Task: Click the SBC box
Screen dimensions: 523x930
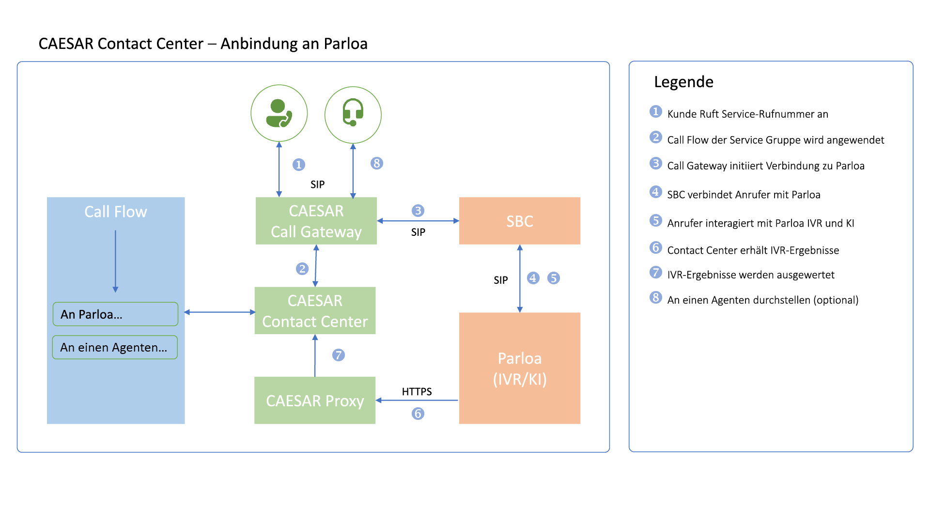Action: pyautogui.click(x=519, y=221)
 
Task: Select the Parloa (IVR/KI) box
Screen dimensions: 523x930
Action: pyautogui.click(x=519, y=368)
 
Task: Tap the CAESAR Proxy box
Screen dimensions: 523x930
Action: pyautogui.click(x=315, y=400)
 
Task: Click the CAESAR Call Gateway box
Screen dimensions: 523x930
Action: pyautogui.click(x=316, y=221)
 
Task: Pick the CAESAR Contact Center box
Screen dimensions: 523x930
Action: pyautogui.click(x=315, y=311)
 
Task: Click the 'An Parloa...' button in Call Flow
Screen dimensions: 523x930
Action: pyautogui.click(x=115, y=314)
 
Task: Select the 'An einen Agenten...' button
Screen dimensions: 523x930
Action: pyautogui.click(x=115, y=347)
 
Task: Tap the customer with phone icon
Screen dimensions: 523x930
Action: pyautogui.click(x=279, y=113)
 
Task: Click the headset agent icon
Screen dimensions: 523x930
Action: pyautogui.click(x=353, y=114)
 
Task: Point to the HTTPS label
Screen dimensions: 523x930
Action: pyautogui.click(x=417, y=391)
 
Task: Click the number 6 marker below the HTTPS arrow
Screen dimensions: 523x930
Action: pyautogui.click(x=418, y=414)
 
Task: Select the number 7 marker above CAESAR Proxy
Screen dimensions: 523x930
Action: pyautogui.click(x=338, y=355)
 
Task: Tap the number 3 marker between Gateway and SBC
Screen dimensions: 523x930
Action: pyautogui.click(x=418, y=211)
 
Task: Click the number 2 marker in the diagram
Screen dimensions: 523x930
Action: pyautogui.click(x=302, y=269)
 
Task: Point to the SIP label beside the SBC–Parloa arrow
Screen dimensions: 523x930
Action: pyautogui.click(x=500, y=280)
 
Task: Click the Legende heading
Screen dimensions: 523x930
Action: pyautogui.click(x=683, y=82)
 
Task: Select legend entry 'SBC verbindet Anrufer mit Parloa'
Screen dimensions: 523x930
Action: pyautogui.click(x=744, y=195)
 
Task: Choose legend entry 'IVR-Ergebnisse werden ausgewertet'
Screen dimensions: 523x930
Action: pyautogui.click(x=750, y=275)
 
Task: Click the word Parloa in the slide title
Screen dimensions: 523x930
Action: pyautogui.click(x=345, y=44)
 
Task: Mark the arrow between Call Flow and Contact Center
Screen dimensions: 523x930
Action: pyautogui.click(x=219, y=312)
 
